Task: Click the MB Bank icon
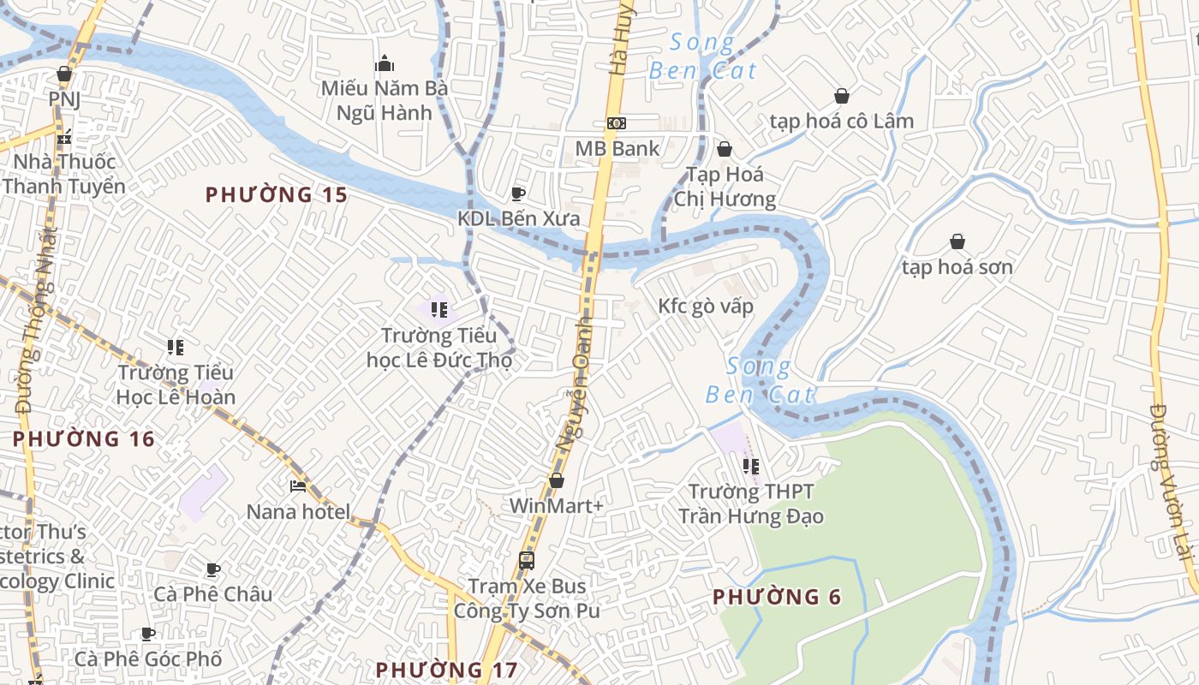(616, 123)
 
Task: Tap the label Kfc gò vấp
(705, 307)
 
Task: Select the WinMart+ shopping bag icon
(557, 481)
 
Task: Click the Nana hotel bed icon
(298, 486)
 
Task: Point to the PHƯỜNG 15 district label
(277, 195)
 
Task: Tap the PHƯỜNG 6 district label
(777, 597)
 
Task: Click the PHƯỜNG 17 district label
(446, 670)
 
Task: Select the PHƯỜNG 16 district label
(84, 439)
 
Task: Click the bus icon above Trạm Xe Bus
(527, 562)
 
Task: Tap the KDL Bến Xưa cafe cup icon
(517, 194)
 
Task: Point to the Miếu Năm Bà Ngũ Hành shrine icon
(385, 63)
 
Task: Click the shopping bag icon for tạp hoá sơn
(957, 242)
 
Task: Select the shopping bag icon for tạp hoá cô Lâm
(842, 96)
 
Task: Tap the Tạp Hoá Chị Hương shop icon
(725, 150)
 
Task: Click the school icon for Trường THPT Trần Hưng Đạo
(751, 467)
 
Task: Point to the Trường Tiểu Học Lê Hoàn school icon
(176, 348)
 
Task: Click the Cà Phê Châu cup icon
(213, 569)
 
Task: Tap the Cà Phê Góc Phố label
(148, 658)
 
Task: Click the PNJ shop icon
(64, 74)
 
